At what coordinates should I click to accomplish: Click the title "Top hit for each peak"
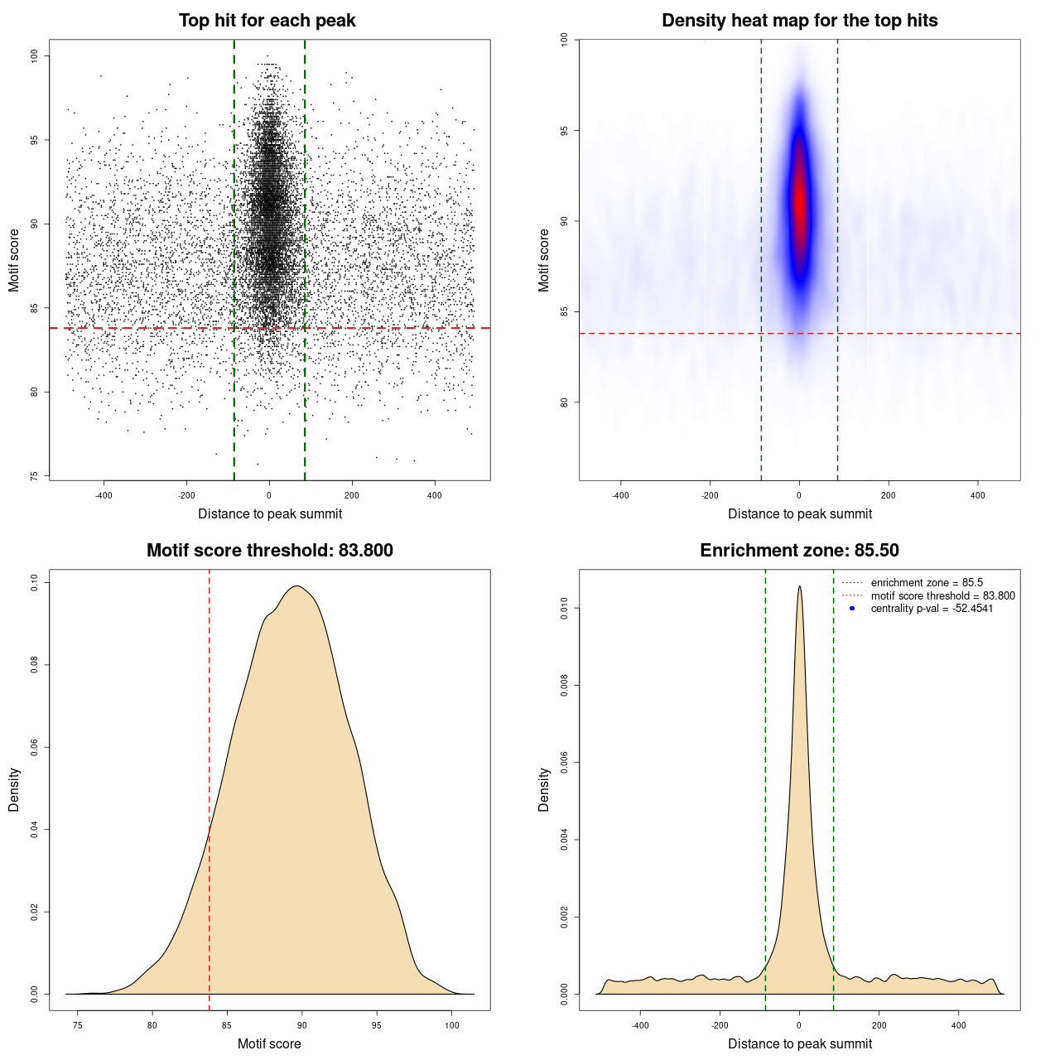click(267, 21)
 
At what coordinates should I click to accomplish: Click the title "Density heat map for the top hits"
click(799, 21)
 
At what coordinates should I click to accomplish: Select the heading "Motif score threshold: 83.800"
click(269, 551)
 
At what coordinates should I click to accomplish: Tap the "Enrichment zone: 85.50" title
click(799, 551)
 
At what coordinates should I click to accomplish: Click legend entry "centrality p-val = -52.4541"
click(932, 609)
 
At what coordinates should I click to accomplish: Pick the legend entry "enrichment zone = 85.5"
click(927, 583)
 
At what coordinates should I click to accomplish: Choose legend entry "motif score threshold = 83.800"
click(942, 596)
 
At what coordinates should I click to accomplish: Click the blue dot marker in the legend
click(852, 609)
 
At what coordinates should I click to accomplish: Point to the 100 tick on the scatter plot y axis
click(35, 55)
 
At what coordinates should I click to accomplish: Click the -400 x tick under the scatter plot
click(104, 496)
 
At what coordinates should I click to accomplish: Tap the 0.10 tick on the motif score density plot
click(35, 583)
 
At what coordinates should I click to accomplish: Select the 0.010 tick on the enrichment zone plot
click(565, 609)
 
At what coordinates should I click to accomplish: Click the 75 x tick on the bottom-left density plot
click(77, 1025)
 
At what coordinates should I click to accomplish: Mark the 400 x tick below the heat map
click(978, 496)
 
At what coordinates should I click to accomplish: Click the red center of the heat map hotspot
click(799, 199)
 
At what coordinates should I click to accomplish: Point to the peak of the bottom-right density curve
click(799, 587)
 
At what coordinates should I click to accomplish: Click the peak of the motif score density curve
click(297, 587)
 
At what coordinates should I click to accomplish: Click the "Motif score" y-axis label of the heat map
click(544, 260)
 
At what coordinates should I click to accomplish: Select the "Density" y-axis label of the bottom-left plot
click(14, 789)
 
